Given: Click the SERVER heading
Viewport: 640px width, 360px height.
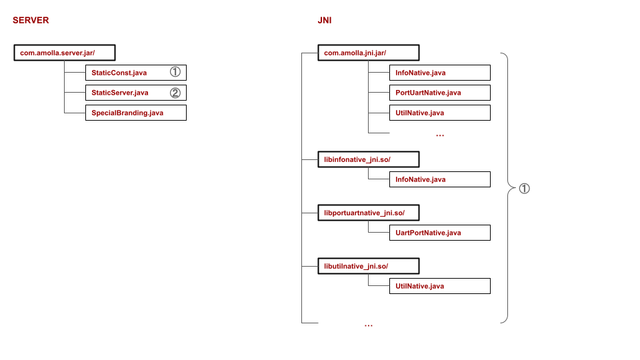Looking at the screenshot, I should [31, 21].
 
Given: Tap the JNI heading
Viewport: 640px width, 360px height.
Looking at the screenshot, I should [325, 21].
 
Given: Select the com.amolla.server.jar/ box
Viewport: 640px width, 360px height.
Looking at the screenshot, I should [65, 53].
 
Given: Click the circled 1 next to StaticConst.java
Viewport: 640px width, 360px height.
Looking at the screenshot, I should [175, 72].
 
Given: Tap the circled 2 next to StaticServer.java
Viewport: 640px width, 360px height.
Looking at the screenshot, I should [175, 93].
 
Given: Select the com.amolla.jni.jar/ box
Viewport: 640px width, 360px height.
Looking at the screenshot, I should [369, 53].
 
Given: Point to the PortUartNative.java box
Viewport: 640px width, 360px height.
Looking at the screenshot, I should [439, 93].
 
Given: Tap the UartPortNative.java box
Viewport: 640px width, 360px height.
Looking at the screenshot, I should [439, 233].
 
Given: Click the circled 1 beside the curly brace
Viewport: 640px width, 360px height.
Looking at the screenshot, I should [524, 189].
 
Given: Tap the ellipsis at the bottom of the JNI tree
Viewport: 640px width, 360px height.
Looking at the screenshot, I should [369, 325].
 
